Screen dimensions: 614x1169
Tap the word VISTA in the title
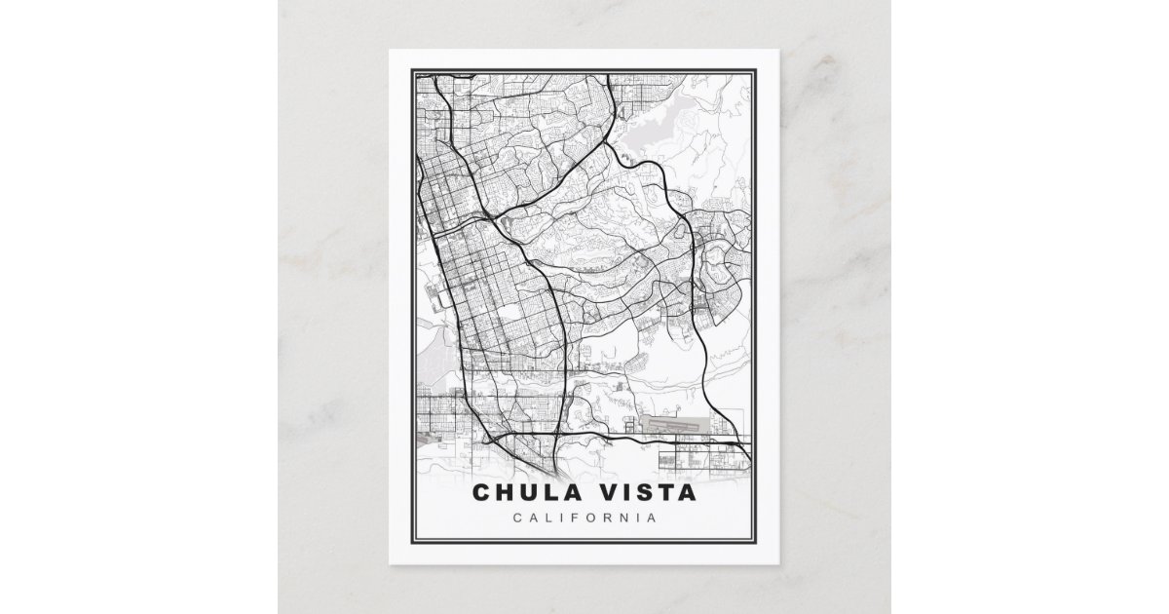[x=649, y=492]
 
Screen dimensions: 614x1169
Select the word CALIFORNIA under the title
[x=584, y=518]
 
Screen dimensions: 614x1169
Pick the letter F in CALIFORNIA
[x=571, y=518]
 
